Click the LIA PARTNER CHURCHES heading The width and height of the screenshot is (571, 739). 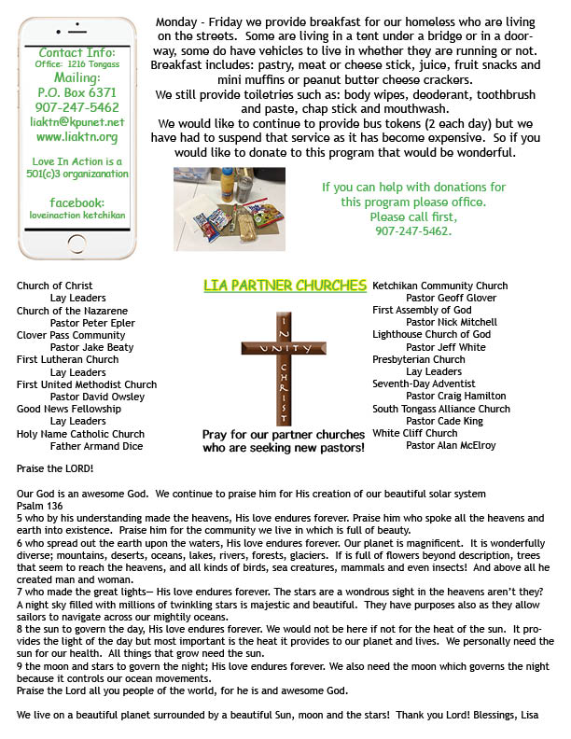(x=285, y=285)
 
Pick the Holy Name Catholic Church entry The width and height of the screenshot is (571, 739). (x=80, y=433)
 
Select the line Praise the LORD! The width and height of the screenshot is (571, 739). (x=55, y=468)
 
